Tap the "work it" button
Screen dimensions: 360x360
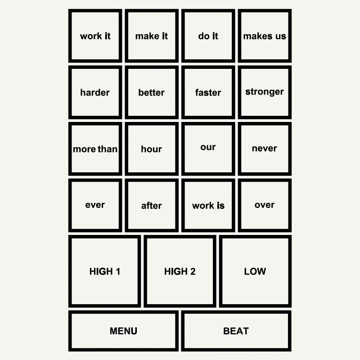95,36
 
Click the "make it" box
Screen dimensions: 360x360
152,36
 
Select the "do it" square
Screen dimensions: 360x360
208,36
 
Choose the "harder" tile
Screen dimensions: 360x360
95,92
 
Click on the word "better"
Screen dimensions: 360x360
151,93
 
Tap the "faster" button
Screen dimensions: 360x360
208,92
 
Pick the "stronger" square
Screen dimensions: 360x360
265,92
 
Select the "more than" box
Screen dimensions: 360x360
95,149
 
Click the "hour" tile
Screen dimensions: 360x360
152,149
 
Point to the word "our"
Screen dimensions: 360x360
208,147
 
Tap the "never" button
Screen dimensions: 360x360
265,149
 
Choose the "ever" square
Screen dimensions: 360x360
95,205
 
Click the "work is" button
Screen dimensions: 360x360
208,205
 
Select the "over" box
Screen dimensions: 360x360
265,205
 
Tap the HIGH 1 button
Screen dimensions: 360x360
104,271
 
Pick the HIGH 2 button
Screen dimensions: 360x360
180,271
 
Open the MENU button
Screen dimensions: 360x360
123,331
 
